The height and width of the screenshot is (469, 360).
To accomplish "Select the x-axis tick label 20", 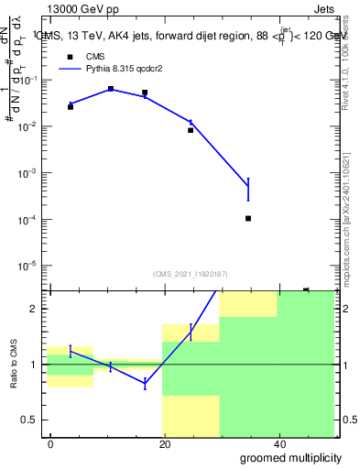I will (x=164, y=443).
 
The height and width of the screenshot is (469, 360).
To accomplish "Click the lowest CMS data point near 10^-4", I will (x=248, y=218).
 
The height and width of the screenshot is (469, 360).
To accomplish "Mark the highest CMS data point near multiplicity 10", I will (x=111, y=89).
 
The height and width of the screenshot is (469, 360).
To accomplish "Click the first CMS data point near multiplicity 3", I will (x=71, y=107).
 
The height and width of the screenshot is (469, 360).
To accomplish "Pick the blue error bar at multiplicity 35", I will (x=248, y=189).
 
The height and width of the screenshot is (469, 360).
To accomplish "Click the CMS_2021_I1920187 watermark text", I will (x=190, y=274).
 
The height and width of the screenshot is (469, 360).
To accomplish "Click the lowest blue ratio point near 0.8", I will (x=145, y=384).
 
